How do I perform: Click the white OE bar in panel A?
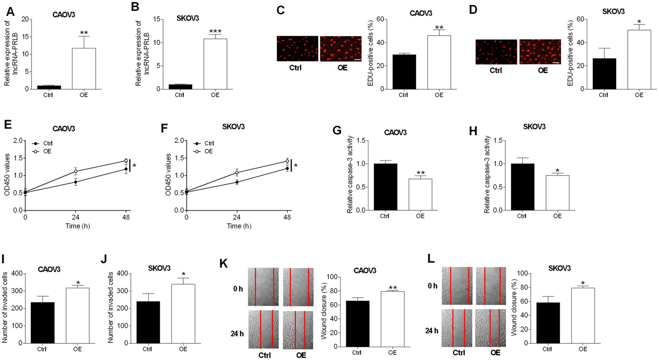coord(84,69)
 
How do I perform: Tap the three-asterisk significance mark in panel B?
coord(215,31)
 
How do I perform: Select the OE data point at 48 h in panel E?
coord(126,161)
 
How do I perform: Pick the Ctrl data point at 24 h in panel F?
coord(237,182)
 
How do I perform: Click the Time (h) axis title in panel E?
coord(78,226)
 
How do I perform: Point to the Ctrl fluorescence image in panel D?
coord(496,52)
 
